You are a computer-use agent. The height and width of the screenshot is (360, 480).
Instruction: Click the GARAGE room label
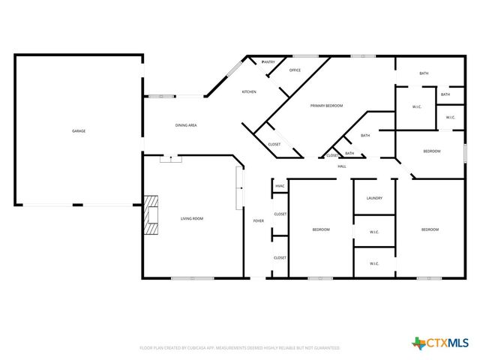(x=78, y=131)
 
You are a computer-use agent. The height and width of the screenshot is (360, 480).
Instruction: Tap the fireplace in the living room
(x=152, y=215)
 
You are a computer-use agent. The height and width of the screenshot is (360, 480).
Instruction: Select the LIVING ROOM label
(x=192, y=218)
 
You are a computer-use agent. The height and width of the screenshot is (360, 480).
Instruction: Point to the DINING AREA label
(x=186, y=125)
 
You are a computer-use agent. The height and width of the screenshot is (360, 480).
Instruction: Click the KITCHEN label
(x=248, y=91)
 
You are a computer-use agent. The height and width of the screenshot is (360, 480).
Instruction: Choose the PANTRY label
(x=268, y=62)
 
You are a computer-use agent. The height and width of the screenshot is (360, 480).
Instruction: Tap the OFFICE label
(x=295, y=70)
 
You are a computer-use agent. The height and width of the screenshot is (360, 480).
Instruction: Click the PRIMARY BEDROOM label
(x=327, y=106)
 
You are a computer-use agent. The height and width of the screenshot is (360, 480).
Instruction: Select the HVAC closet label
(x=280, y=185)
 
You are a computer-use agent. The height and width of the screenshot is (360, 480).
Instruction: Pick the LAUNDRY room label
(x=374, y=198)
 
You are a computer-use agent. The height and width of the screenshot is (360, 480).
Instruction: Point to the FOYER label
(x=258, y=221)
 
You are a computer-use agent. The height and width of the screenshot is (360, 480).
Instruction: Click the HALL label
(x=342, y=166)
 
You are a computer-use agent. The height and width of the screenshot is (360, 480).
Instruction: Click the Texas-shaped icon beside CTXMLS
(x=418, y=343)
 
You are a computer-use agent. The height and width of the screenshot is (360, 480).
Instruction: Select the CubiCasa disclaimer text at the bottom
(x=240, y=348)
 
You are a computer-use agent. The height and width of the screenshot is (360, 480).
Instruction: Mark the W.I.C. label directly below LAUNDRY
(x=374, y=232)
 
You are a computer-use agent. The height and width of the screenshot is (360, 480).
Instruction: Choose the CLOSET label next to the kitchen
(x=274, y=144)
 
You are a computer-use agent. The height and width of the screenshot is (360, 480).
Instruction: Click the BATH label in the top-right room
(x=424, y=73)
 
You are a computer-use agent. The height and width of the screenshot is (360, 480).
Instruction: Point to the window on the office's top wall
(x=304, y=55)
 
